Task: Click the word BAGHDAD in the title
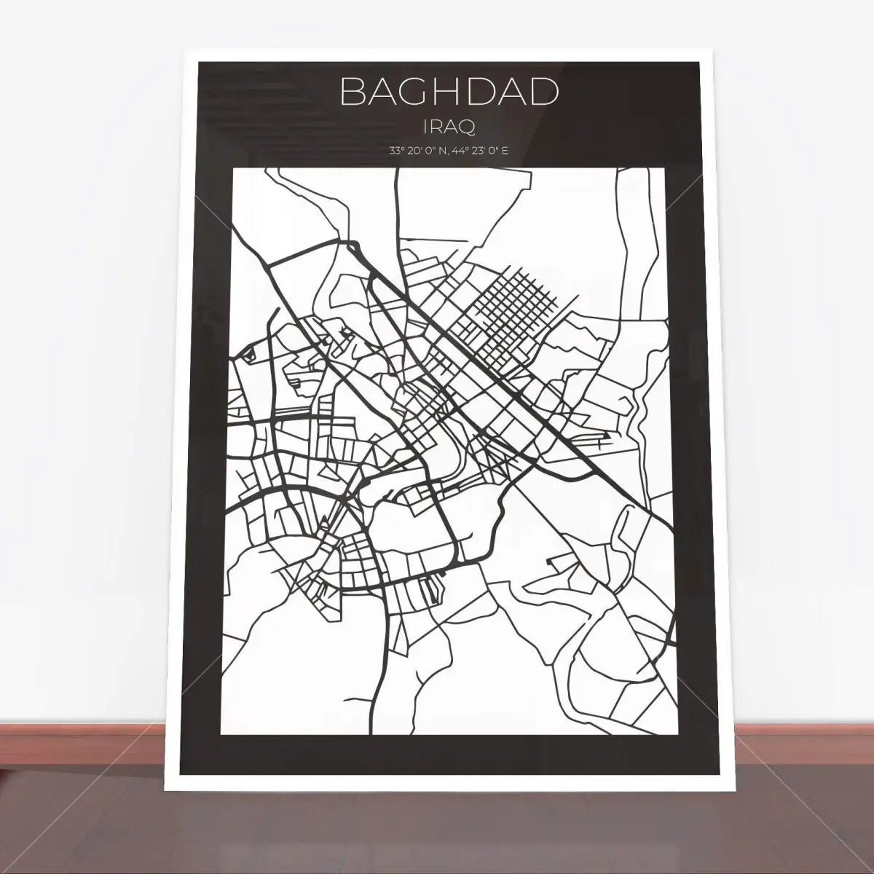point(449,92)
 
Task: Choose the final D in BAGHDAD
point(544,92)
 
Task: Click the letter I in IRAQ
point(425,127)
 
